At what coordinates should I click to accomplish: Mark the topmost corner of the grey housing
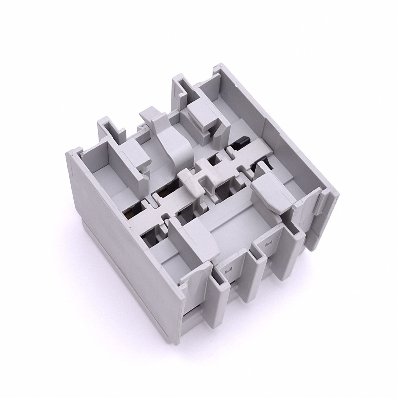pos(218,66)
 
